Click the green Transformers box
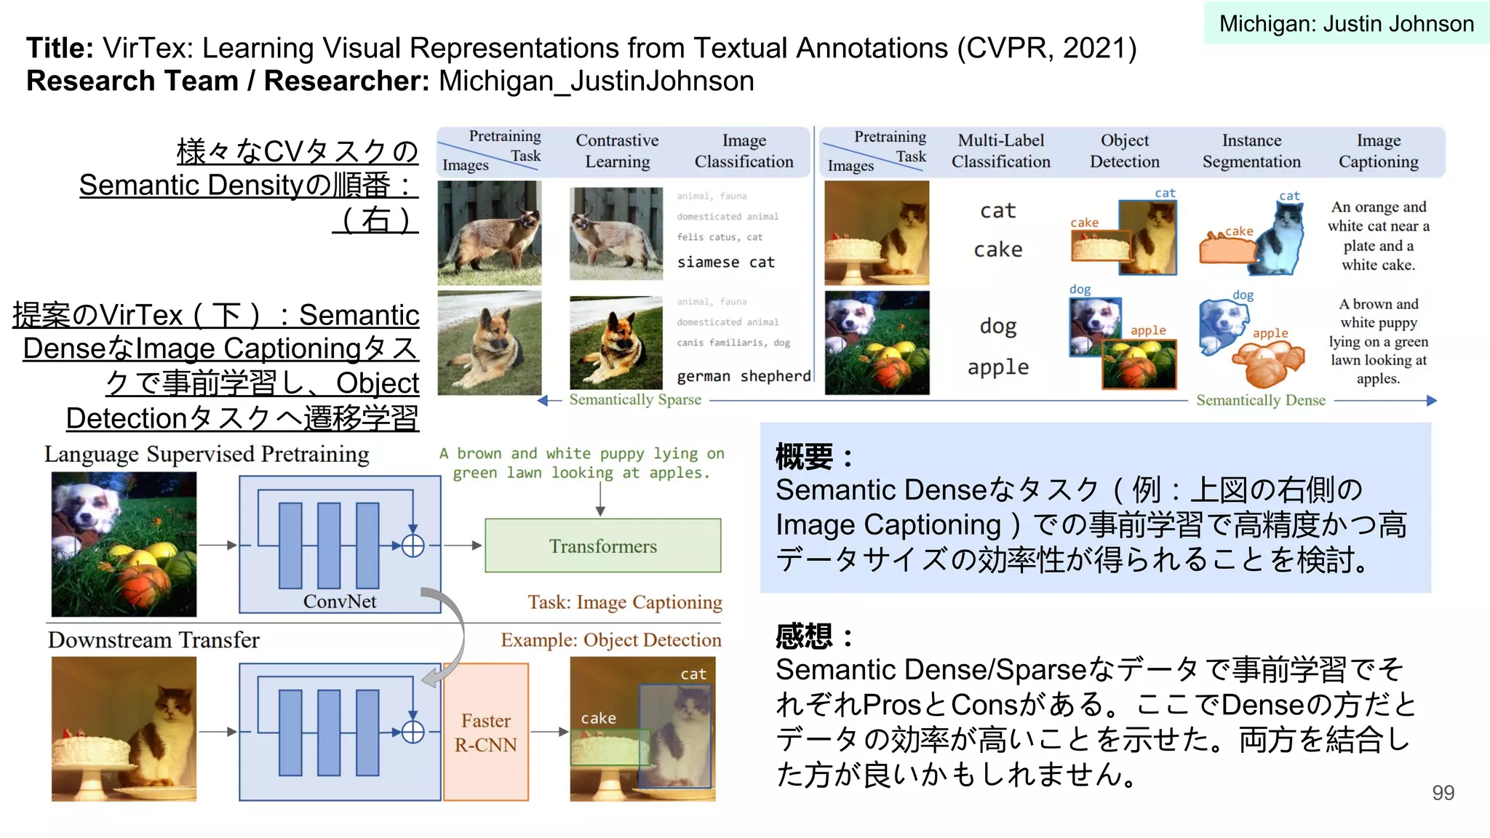coord(602,546)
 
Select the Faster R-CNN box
coord(486,732)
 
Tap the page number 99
coord(1443,792)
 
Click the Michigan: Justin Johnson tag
coord(1346,23)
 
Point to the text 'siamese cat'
coord(725,262)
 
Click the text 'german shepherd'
coord(743,376)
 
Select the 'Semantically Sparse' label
coord(635,399)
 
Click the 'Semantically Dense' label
coord(1260,400)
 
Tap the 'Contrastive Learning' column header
coord(617,151)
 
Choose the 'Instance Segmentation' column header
coord(1251,151)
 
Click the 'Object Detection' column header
coord(1124,151)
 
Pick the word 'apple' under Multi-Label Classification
coord(997,367)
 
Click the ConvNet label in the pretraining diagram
coord(340,602)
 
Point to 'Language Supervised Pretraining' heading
coord(207,454)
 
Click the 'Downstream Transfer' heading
coord(154,640)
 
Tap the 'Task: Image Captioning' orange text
coord(624,602)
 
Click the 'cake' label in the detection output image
coord(598,718)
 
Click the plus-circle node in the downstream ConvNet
coord(413,732)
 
